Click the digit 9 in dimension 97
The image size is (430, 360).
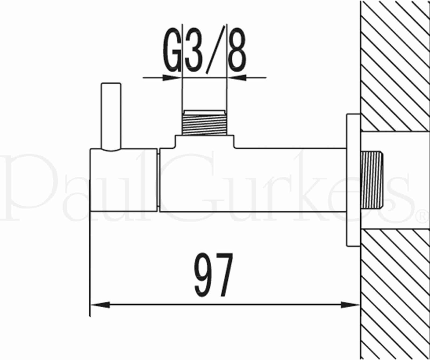203,275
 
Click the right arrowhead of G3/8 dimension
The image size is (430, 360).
238,78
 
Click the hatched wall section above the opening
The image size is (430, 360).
395,67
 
